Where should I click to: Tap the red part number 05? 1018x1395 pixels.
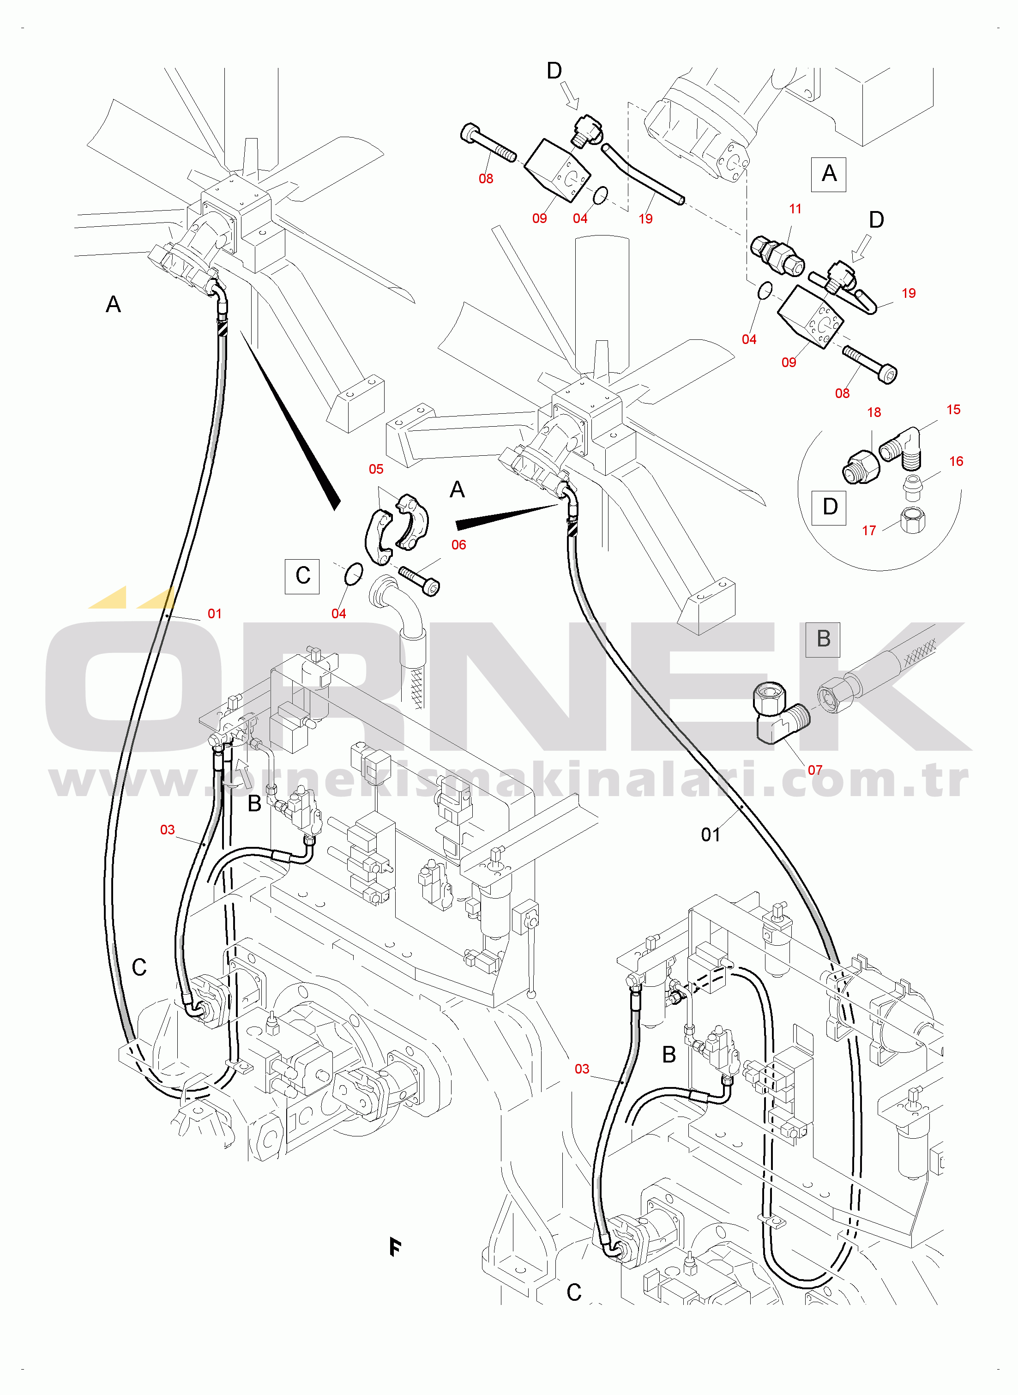pyautogui.click(x=376, y=470)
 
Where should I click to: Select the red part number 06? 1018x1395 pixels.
pyautogui.click(x=458, y=545)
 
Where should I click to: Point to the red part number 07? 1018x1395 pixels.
pyautogui.click(x=815, y=770)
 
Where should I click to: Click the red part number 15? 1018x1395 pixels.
pyautogui.click(x=953, y=410)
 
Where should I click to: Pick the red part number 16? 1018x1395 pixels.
pyautogui.click(x=956, y=461)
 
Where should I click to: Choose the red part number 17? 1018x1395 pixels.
pyautogui.click(x=869, y=531)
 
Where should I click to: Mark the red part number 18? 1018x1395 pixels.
pyautogui.click(x=874, y=413)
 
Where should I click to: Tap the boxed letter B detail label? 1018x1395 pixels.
pyautogui.click(x=823, y=639)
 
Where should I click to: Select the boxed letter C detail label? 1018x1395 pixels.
pyautogui.click(x=302, y=576)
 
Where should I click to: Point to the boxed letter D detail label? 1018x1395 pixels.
pyautogui.click(x=830, y=507)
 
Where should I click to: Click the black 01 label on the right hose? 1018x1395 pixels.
pyautogui.click(x=711, y=835)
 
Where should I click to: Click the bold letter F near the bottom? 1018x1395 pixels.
pyautogui.click(x=395, y=1248)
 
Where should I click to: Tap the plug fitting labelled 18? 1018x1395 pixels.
pyautogui.click(x=860, y=466)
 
